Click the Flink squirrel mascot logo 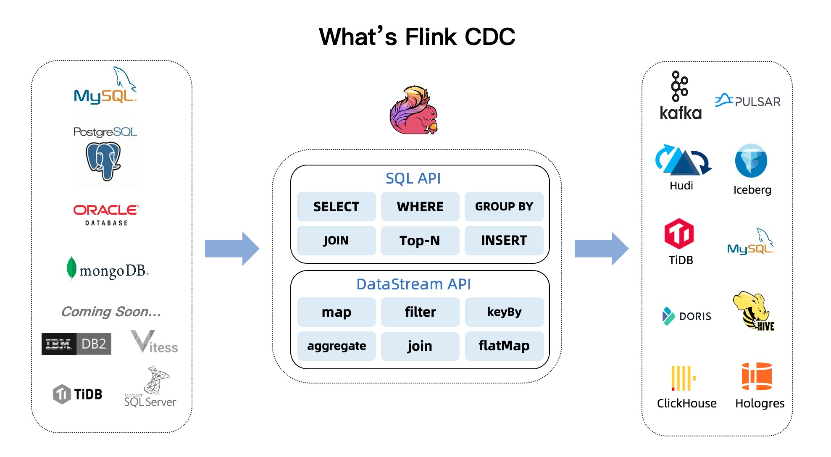[414, 110]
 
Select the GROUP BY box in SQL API [504, 207]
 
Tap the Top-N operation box [420, 241]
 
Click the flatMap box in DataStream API [504, 346]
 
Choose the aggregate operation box [337, 346]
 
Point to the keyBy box [504, 312]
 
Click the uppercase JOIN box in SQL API [336, 241]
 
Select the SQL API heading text [413, 179]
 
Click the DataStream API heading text [413, 284]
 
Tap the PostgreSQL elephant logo [103, 160]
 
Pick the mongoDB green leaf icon [71, 268]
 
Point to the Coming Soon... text [111, 312]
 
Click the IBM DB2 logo [76, 344]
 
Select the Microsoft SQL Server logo [151, 387]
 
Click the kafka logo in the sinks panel [680, 96]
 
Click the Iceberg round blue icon [751, 160]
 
